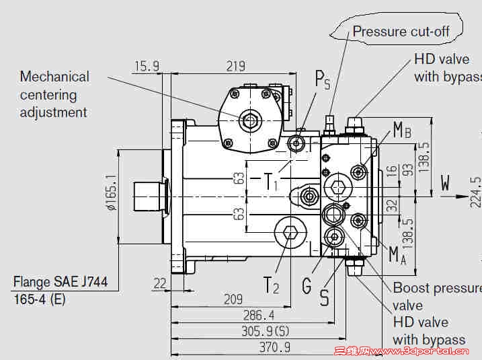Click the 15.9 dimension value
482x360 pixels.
pos(147,66)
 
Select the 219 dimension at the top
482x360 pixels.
pos(235,66)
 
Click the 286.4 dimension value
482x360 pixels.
pos(259,315)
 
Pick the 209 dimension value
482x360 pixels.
pos(233,299)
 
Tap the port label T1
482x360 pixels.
pos(269,181)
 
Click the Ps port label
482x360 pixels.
pos(323,80)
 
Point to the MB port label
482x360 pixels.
pos(402,131)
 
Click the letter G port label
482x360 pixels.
pos(307,286)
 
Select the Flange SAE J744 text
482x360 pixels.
pos(61,282)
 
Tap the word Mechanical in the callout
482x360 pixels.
pos(54,77)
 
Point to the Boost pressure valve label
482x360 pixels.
pos(436,296)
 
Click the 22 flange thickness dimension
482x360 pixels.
pos(159,283)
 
